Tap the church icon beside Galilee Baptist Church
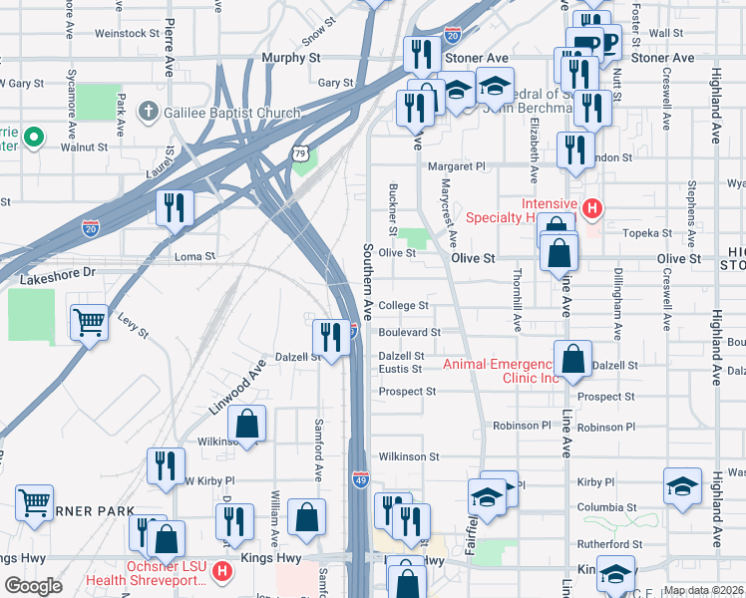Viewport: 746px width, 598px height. tap(148, 112)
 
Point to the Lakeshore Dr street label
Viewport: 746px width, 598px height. tap(60, 271)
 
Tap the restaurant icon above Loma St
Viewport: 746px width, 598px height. tap(175, 208)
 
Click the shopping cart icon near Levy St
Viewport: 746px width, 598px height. tap(89, 323)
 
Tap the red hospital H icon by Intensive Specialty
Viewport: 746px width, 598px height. tap(592, 208)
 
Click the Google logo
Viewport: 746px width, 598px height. tap(33, 586)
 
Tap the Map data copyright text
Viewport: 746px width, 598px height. tap(702, 590)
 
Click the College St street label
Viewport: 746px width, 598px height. tap(403, 306)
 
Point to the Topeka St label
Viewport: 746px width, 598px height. tap(649, 232)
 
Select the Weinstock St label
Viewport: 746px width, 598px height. tap(127, 33)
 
